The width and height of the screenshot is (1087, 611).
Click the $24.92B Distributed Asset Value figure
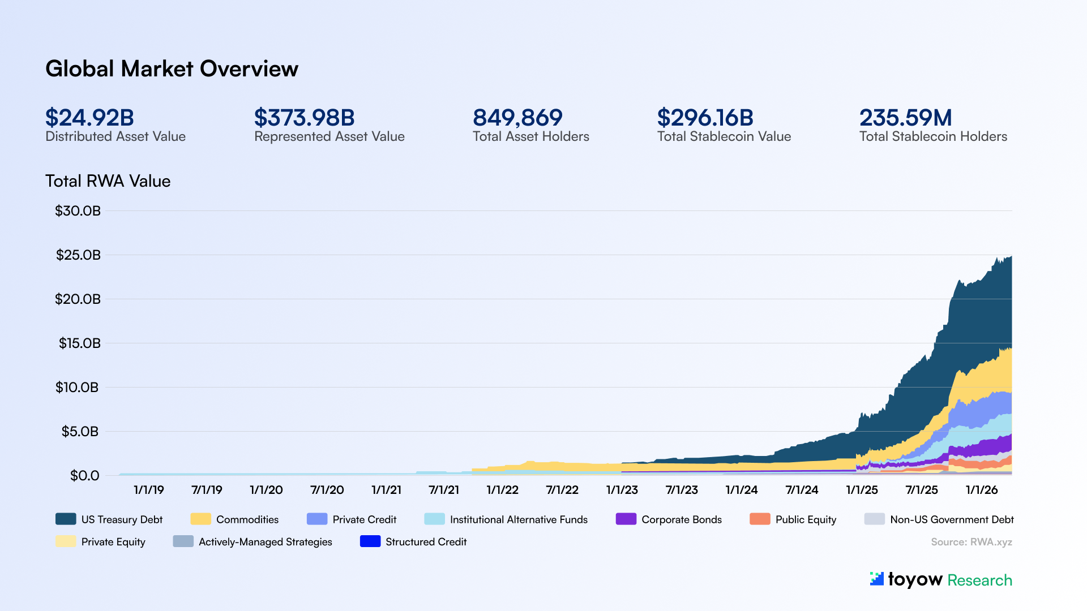click(89, 118)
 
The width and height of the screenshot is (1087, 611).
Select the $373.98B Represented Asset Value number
click(304, 118)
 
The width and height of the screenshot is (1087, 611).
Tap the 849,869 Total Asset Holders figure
click(517, 118)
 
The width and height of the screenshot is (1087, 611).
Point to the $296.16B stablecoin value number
click(705, 118)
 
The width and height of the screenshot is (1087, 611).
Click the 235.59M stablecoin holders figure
click(905, 118)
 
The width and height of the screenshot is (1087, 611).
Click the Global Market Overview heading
click(172, 69)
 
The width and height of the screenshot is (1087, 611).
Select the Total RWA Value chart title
click(108, 181)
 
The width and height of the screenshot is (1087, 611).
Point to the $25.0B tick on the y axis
click(78, 255)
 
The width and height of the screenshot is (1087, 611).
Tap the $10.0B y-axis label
click(77, 388)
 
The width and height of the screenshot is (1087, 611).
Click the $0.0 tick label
click(84, 476)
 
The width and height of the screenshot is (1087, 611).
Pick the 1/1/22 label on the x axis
click(502, 490)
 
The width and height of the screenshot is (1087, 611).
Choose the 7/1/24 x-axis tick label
click(802, 490)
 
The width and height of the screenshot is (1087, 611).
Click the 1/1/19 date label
click(148, 490)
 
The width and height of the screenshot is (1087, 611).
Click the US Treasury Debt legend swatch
click(66, 519)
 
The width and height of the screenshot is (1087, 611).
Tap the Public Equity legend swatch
click(760, 519)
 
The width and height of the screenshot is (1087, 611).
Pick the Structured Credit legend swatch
click(370, 541)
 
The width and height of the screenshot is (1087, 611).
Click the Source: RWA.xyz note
click(971, 542)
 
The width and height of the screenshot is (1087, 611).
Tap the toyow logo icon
click(876, 579)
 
